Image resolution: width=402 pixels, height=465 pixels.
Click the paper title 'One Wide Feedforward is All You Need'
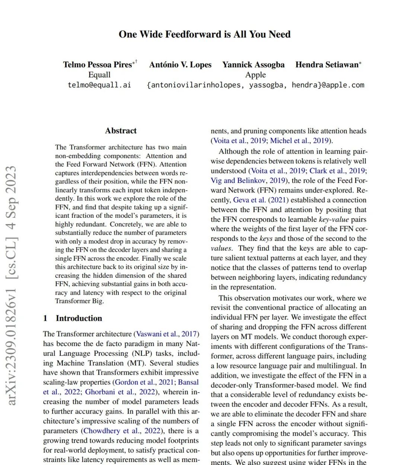tap(204, 34)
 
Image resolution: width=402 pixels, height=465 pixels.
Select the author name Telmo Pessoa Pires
tap(98, 65)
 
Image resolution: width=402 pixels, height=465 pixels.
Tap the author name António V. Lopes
tap(180, 65)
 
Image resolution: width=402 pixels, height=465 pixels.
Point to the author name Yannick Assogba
tap(253, 65)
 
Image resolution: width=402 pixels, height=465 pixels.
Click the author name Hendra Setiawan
tap(327, 65)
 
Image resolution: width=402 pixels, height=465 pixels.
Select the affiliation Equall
tap(99, 75)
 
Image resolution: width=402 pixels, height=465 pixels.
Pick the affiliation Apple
tap(255, 75)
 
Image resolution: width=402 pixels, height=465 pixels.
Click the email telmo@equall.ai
tap(99, 85)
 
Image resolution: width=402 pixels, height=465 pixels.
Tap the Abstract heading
tap(121, 131)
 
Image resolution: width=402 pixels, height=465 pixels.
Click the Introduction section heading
tap(79, 318)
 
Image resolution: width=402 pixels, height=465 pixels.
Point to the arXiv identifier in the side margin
tap(12, 286)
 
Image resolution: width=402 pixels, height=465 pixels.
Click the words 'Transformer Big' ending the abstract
tap(78, 301)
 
